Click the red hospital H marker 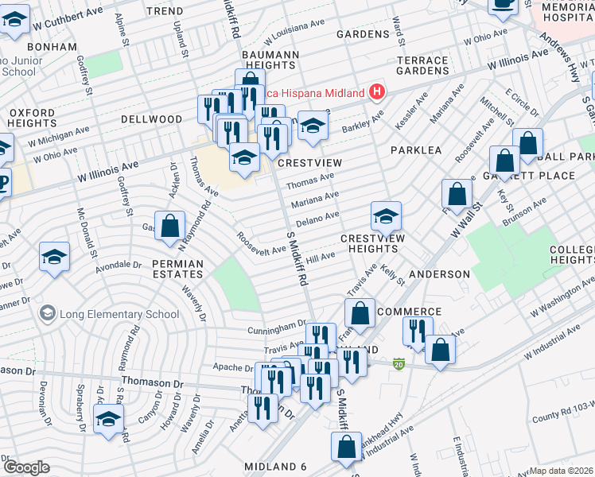coord(378,92)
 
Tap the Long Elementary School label coord(120,313)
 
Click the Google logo coord(25,467)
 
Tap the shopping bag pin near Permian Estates coord(169,227)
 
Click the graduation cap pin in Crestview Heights coord(386,217)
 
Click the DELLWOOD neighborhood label coord(151,119)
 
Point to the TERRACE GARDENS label coord(422,65)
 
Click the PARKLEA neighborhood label coord(415,150)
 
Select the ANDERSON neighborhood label coord(440,274)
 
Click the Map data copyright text coord(562,471)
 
